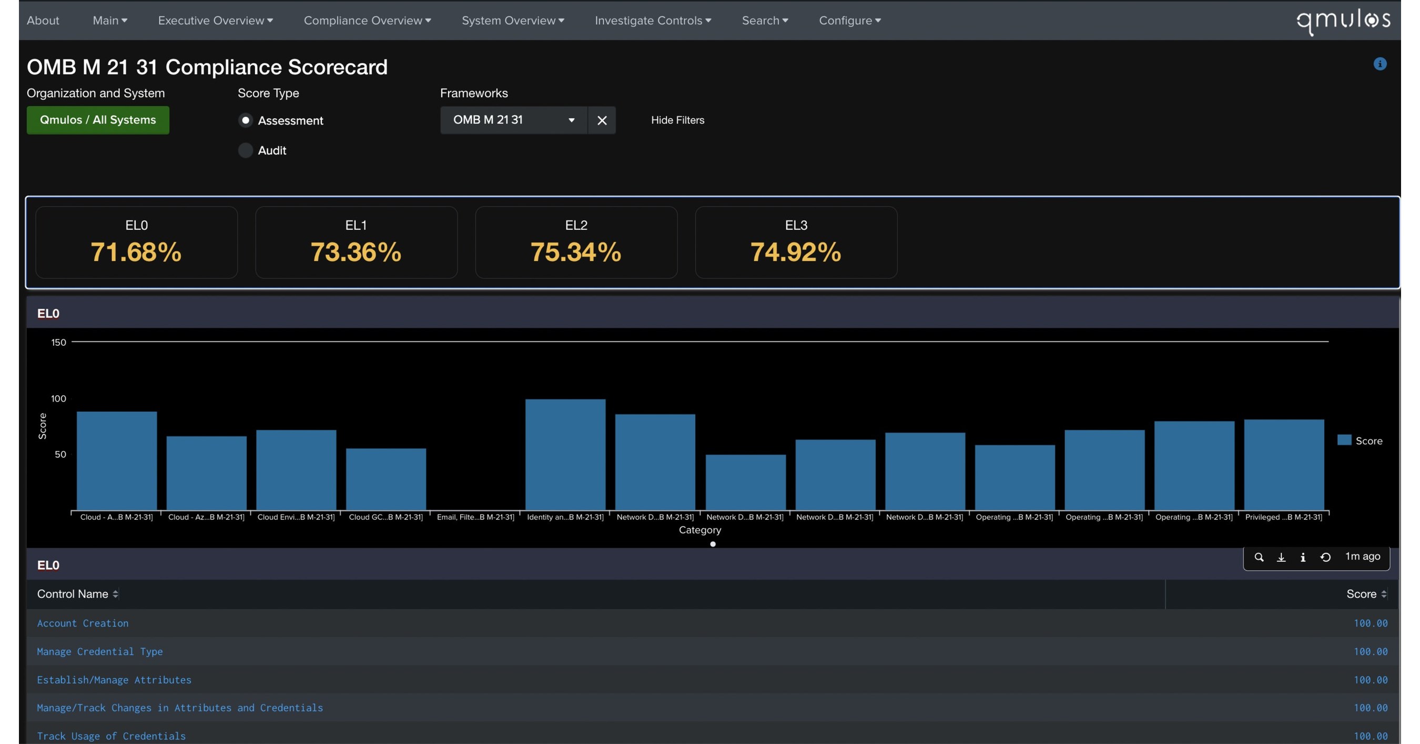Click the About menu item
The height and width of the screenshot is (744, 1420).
[43, 21]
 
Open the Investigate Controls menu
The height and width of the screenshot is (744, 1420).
[653, 21]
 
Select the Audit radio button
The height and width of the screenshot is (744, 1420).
[245, 150]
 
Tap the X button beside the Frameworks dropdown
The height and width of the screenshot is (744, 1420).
[602, 120]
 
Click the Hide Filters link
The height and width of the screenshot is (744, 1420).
[677, 120]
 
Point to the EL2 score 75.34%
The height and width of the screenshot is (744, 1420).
[575, 252]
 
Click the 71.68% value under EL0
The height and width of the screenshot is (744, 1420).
[136, 252]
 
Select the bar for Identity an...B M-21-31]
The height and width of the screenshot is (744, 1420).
[565, 455]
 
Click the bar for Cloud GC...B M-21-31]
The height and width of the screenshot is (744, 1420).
[386, 479]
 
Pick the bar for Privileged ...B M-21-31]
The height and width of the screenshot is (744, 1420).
[1284, 465]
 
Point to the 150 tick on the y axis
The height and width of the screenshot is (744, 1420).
[58, 343]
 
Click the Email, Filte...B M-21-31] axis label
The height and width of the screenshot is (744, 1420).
[475, 517]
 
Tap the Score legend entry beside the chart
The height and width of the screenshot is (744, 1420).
[1360, 440]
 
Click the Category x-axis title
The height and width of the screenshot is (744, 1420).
[699, 530]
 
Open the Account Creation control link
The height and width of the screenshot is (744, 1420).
[83, 623]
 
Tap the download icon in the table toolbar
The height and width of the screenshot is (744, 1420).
[1281, 558]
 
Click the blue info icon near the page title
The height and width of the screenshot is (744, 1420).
[1380, 64]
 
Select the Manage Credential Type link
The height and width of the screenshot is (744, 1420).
[100, 651]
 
